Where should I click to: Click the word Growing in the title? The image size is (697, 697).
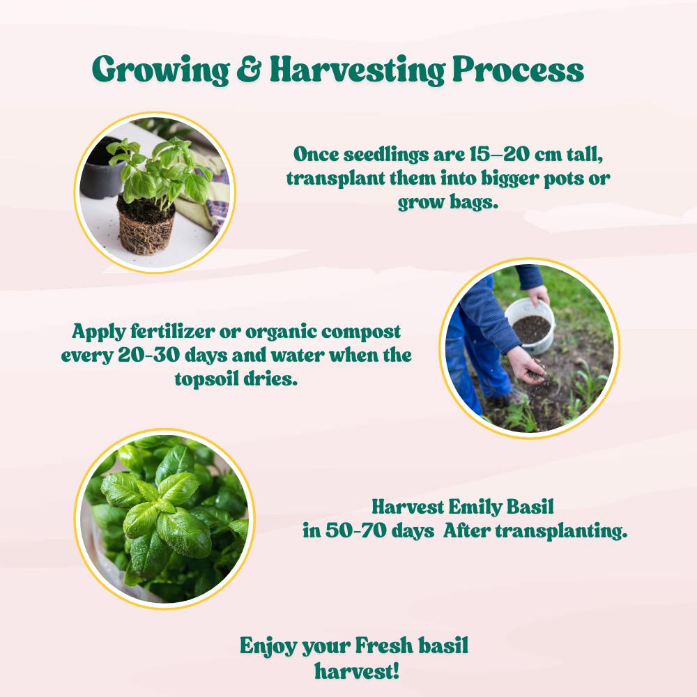pyautogui.click(x=160, y=70)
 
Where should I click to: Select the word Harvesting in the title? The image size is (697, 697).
pyautogui.click(x=358, y=70)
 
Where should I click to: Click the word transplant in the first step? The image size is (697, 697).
pyautogui.click(x=336, y=178)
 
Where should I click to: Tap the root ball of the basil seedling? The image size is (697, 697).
pyautogui.click(x=146, y=227)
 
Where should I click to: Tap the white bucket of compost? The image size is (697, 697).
pyautogui.click(x=530, y=325)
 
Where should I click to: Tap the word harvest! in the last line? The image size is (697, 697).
pyautogui.click(x=356, y=671)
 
